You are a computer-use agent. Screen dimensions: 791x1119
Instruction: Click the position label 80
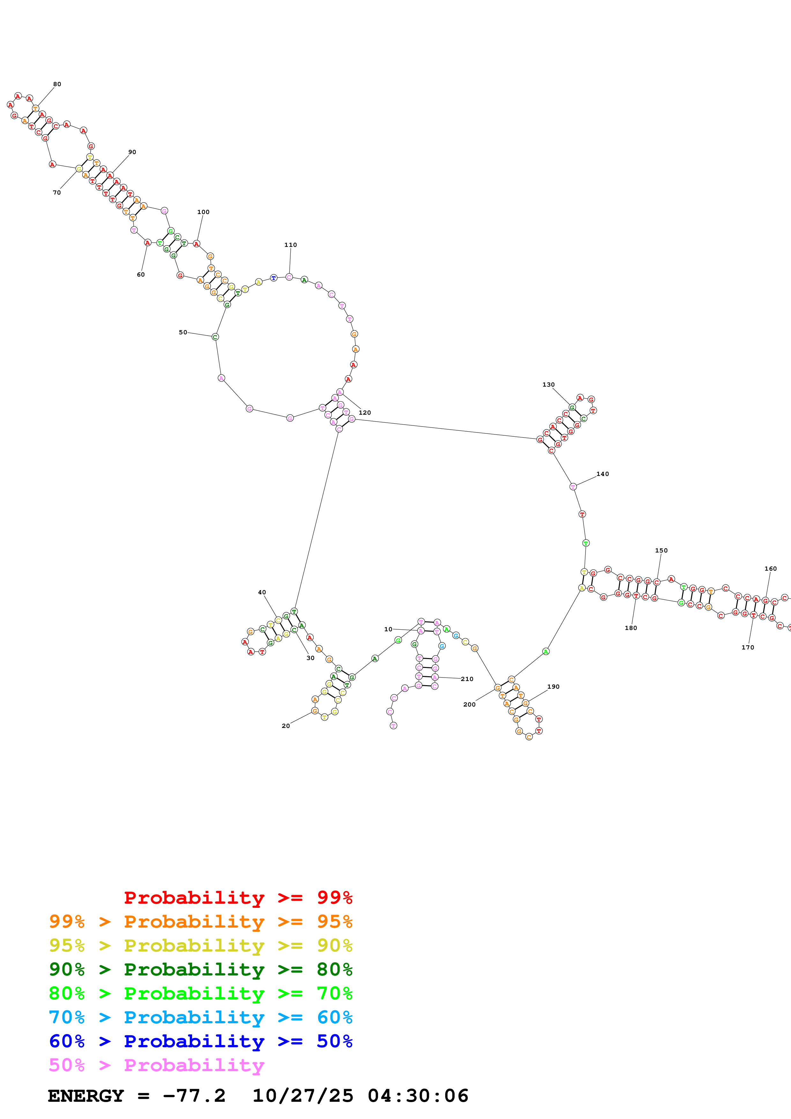pyautogui.click(x=57, y=84)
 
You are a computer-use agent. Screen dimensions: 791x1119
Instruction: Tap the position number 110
pyautogui.click(x=290, y=245)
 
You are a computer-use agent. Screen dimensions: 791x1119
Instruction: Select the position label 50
pyautogui.click(x=183, y=332)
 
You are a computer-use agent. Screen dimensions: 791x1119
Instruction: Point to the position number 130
pyautogui.click(x=548, y=384)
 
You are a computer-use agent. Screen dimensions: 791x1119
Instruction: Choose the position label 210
pyautogui.click(x=467, y=679)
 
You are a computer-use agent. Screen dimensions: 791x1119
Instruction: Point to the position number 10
pyautogui.click(x=388, y=629)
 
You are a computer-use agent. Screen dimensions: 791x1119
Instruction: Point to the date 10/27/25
pyautogui.click(x=303, y=1096)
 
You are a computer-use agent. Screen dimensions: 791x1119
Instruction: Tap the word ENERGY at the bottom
pyautogui.click(x=86, y=1096)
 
